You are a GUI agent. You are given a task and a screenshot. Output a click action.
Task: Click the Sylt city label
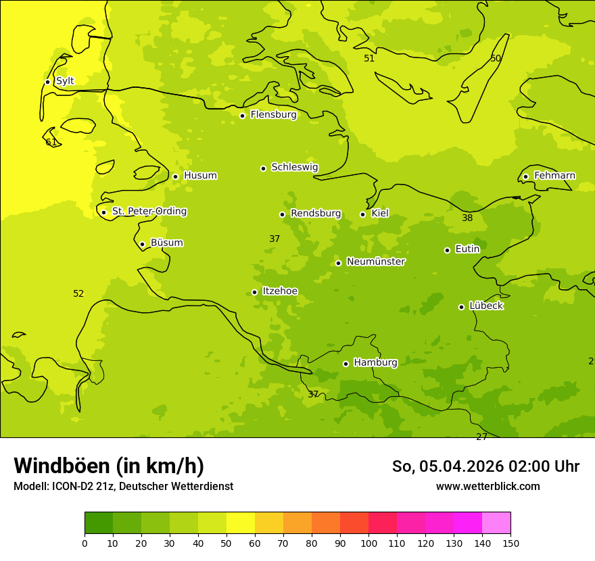(x=65, y=81)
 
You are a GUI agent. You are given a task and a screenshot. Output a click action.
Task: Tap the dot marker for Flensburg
(x=242, y=116)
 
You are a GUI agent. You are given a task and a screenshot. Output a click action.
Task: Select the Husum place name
(x=200, y=176)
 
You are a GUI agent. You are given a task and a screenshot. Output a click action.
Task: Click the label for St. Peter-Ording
(x=149, y=212)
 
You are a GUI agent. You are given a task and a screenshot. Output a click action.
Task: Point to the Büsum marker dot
(x=142, y=244)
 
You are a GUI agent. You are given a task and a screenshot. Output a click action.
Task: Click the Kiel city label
(x=380, y=214)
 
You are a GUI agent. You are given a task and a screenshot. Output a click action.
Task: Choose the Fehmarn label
(x=554, y=176)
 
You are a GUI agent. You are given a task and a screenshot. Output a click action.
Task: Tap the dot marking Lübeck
(x=461, y=307)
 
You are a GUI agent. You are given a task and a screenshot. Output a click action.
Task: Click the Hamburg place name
(x=375, y=363)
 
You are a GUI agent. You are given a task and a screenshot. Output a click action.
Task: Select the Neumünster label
(x=376, y=262)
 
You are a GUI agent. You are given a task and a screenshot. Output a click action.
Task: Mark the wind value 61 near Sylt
(x=51, y=143)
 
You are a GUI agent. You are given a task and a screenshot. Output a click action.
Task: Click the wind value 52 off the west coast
(x=78, y=294)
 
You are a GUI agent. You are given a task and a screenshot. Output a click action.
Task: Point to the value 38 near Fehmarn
(x=467, y=218)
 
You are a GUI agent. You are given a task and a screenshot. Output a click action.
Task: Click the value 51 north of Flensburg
(x=369, y=59)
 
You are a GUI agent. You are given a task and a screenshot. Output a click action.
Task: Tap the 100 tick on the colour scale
(x=368, y=543)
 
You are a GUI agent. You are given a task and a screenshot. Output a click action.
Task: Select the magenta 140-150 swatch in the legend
(x=496, y=522)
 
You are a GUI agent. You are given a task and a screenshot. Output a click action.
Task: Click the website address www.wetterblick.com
(x=487, y=487)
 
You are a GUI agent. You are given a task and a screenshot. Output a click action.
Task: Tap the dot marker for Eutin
(x=447, y=250)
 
